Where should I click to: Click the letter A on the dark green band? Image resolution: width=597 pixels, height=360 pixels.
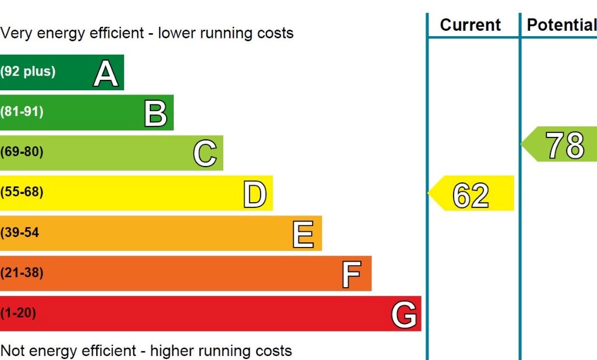point(106,73)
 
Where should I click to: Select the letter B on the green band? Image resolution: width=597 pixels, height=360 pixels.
point(155,114)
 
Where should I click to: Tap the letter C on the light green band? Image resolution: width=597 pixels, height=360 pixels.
point(205,154)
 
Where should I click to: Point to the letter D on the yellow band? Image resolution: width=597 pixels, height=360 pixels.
point(254,194)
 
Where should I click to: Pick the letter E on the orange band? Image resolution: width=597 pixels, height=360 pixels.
point(303,234)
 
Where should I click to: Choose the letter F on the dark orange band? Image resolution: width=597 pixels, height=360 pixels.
point(352,274)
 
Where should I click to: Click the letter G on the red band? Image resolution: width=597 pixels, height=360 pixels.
point(403,315)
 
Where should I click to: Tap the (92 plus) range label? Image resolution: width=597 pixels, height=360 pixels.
point(28,72)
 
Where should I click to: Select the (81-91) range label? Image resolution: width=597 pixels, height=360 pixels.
point(22,112)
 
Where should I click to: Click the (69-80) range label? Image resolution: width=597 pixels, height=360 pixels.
point(22,152)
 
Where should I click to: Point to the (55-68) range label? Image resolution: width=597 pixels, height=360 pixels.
point(22,192)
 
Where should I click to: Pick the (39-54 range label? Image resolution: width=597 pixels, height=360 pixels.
point(20,232)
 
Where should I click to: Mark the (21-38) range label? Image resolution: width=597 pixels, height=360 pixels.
point(22,273)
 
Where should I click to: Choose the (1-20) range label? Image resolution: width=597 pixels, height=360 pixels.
point(19,313)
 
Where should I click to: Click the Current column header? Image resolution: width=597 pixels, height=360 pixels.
point(470,25)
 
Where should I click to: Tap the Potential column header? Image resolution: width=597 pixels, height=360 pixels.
point(561,25)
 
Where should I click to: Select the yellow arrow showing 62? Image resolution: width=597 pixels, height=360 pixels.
point(471,194)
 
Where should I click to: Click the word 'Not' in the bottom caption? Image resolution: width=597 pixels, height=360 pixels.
point(13,351)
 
